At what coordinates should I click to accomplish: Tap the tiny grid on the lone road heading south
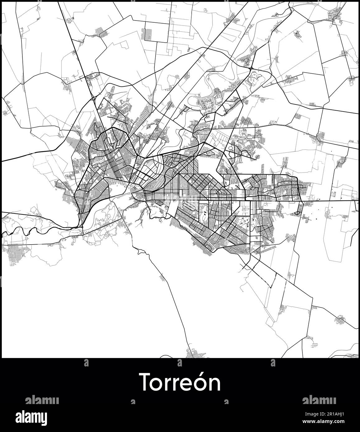163,278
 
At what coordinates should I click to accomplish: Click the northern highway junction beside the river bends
250,67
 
